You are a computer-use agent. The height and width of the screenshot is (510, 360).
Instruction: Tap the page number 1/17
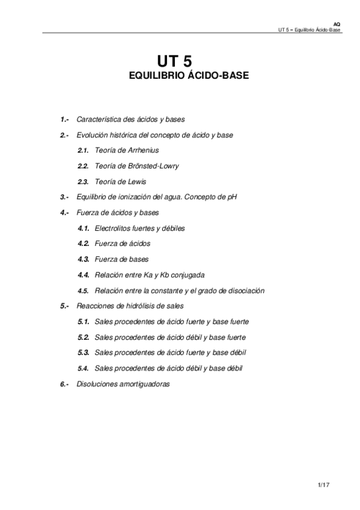click(x=325, y=484)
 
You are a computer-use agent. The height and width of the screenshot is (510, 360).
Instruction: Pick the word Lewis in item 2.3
click(x=137, y=182)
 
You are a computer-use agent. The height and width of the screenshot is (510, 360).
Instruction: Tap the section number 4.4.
click(x=84, y=275)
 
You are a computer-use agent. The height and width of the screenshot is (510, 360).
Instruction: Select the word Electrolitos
click(x=114, y=229)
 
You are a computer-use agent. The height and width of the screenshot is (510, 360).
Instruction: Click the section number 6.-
click(x=66, y=384)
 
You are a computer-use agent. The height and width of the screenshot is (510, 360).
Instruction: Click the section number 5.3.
click(x=84, y=352)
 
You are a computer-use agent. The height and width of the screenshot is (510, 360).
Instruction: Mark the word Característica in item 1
click(x=98, y=120)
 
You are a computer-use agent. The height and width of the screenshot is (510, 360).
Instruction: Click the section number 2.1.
click(x=84, y=150)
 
